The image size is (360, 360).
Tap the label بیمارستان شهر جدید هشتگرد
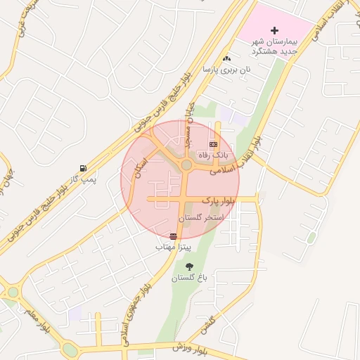[275, 46]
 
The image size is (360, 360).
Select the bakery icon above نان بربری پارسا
[226, 59]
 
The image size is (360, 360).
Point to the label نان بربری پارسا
[226, 70]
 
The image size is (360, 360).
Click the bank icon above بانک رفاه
[213, 143]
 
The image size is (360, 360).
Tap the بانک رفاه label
[213, 154]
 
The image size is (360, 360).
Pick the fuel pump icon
[84, 168]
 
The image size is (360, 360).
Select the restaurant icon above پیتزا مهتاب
[174, 236]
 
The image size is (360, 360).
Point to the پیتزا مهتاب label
[174, 247]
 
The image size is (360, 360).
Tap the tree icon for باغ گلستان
[190, 266]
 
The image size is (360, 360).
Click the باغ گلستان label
[190, 278]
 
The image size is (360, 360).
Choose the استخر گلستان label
[200, 218]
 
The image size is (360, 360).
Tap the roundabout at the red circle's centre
[186, 165]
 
